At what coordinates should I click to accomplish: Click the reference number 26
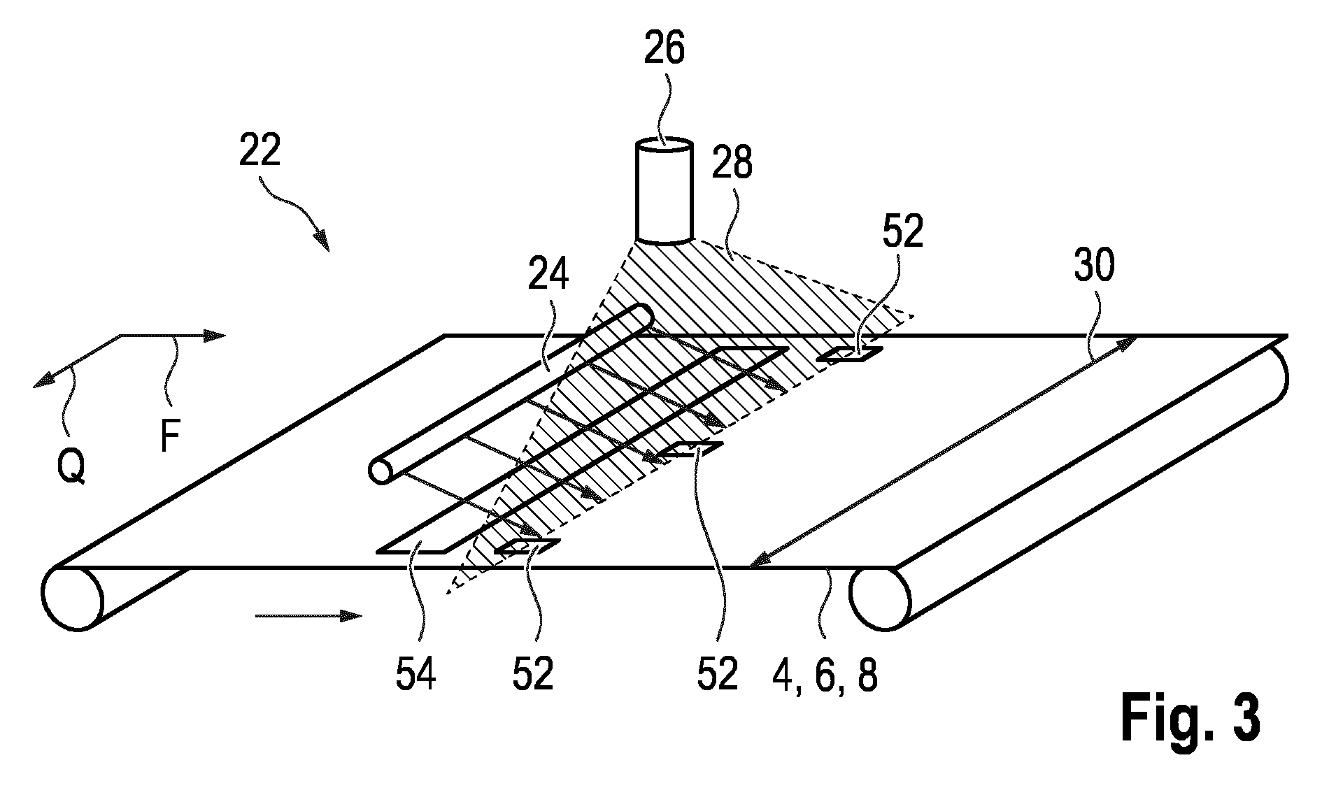click(x=664, y=50)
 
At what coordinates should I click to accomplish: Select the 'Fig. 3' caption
click(x=1191, y=719)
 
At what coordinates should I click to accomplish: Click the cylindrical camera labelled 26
click(x=664, y=192)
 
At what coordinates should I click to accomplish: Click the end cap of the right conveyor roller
click(x=880, y=598)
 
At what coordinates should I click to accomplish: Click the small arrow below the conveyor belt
click(x=308, y=615)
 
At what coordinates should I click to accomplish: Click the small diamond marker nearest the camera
click(x=849, y=355)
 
